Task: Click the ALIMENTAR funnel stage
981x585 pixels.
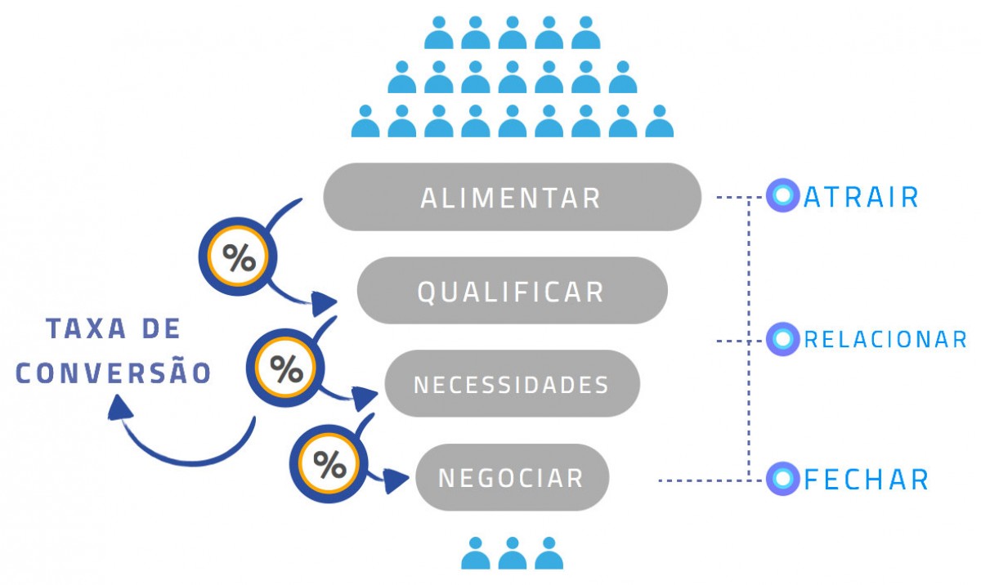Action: point(512,197)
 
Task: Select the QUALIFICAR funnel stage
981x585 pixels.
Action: point(512,291)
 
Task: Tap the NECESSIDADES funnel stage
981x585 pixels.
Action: point(512,384)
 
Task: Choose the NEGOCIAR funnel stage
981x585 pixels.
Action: point(512,477)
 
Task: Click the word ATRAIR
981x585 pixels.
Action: point(862,197)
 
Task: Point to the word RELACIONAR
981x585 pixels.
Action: point(885,339)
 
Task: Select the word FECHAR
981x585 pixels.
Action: point(867,479)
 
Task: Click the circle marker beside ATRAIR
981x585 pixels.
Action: point(782,196)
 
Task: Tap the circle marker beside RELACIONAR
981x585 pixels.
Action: point(782,338)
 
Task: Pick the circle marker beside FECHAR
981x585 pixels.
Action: point(782,479)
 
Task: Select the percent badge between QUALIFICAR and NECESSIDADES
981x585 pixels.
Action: point(285,369)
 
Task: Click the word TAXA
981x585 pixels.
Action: point(80,329)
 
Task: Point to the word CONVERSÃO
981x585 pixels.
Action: point(114,373)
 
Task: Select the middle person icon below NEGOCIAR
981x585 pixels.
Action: point(513,553)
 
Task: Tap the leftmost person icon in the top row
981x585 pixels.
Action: point(439,33)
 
